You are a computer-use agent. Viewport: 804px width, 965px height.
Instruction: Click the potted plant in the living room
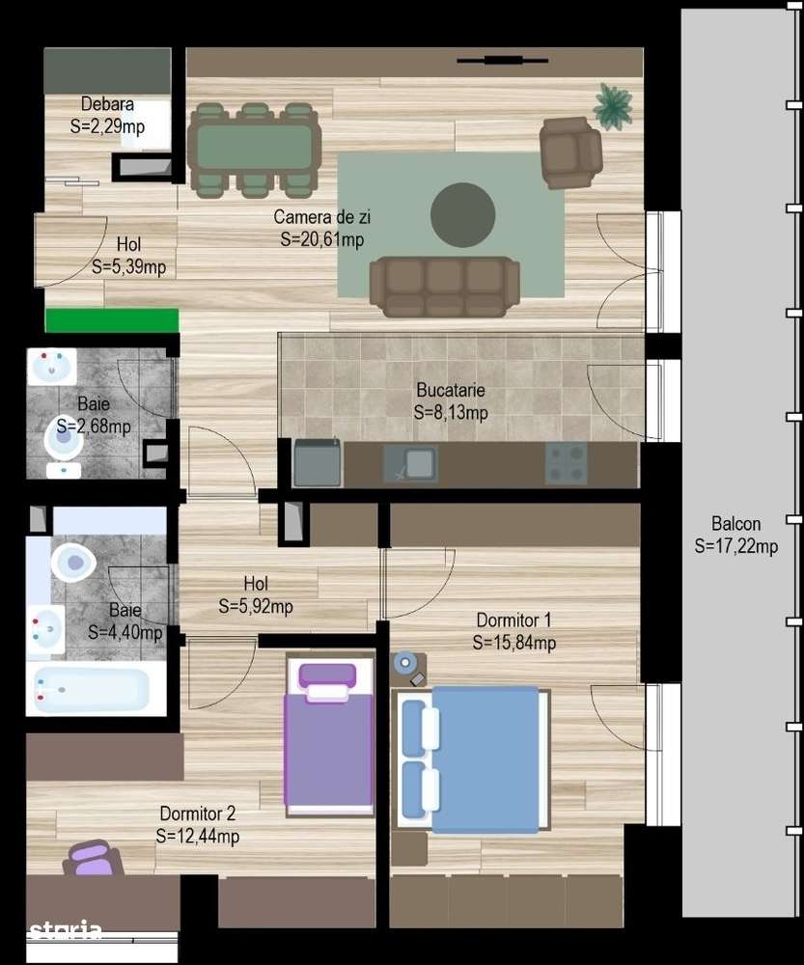pyautogui.click(x=612, y=105)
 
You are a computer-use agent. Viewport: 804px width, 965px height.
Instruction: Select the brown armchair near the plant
pyautogui.click(x=570, y=152)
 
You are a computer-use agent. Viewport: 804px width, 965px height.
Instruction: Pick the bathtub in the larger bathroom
pyautogui.click(x=93, y=689)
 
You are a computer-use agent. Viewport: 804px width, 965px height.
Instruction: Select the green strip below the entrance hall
pyautogui.click(x=112, y=320)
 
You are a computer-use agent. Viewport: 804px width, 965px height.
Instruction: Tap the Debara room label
pyautogui.click(x=107, y=104)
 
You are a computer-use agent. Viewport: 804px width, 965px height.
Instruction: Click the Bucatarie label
pyautogui.click(x=451, y=391)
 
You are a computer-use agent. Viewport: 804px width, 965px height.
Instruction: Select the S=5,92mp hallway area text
pyautogui.click(x=255, y=607)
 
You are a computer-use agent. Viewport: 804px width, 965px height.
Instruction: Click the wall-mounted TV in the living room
pyautogui.click(x=496, y=61)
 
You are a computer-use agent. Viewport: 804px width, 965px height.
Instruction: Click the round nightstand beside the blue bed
pyautogui.click(x=405, y=663)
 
